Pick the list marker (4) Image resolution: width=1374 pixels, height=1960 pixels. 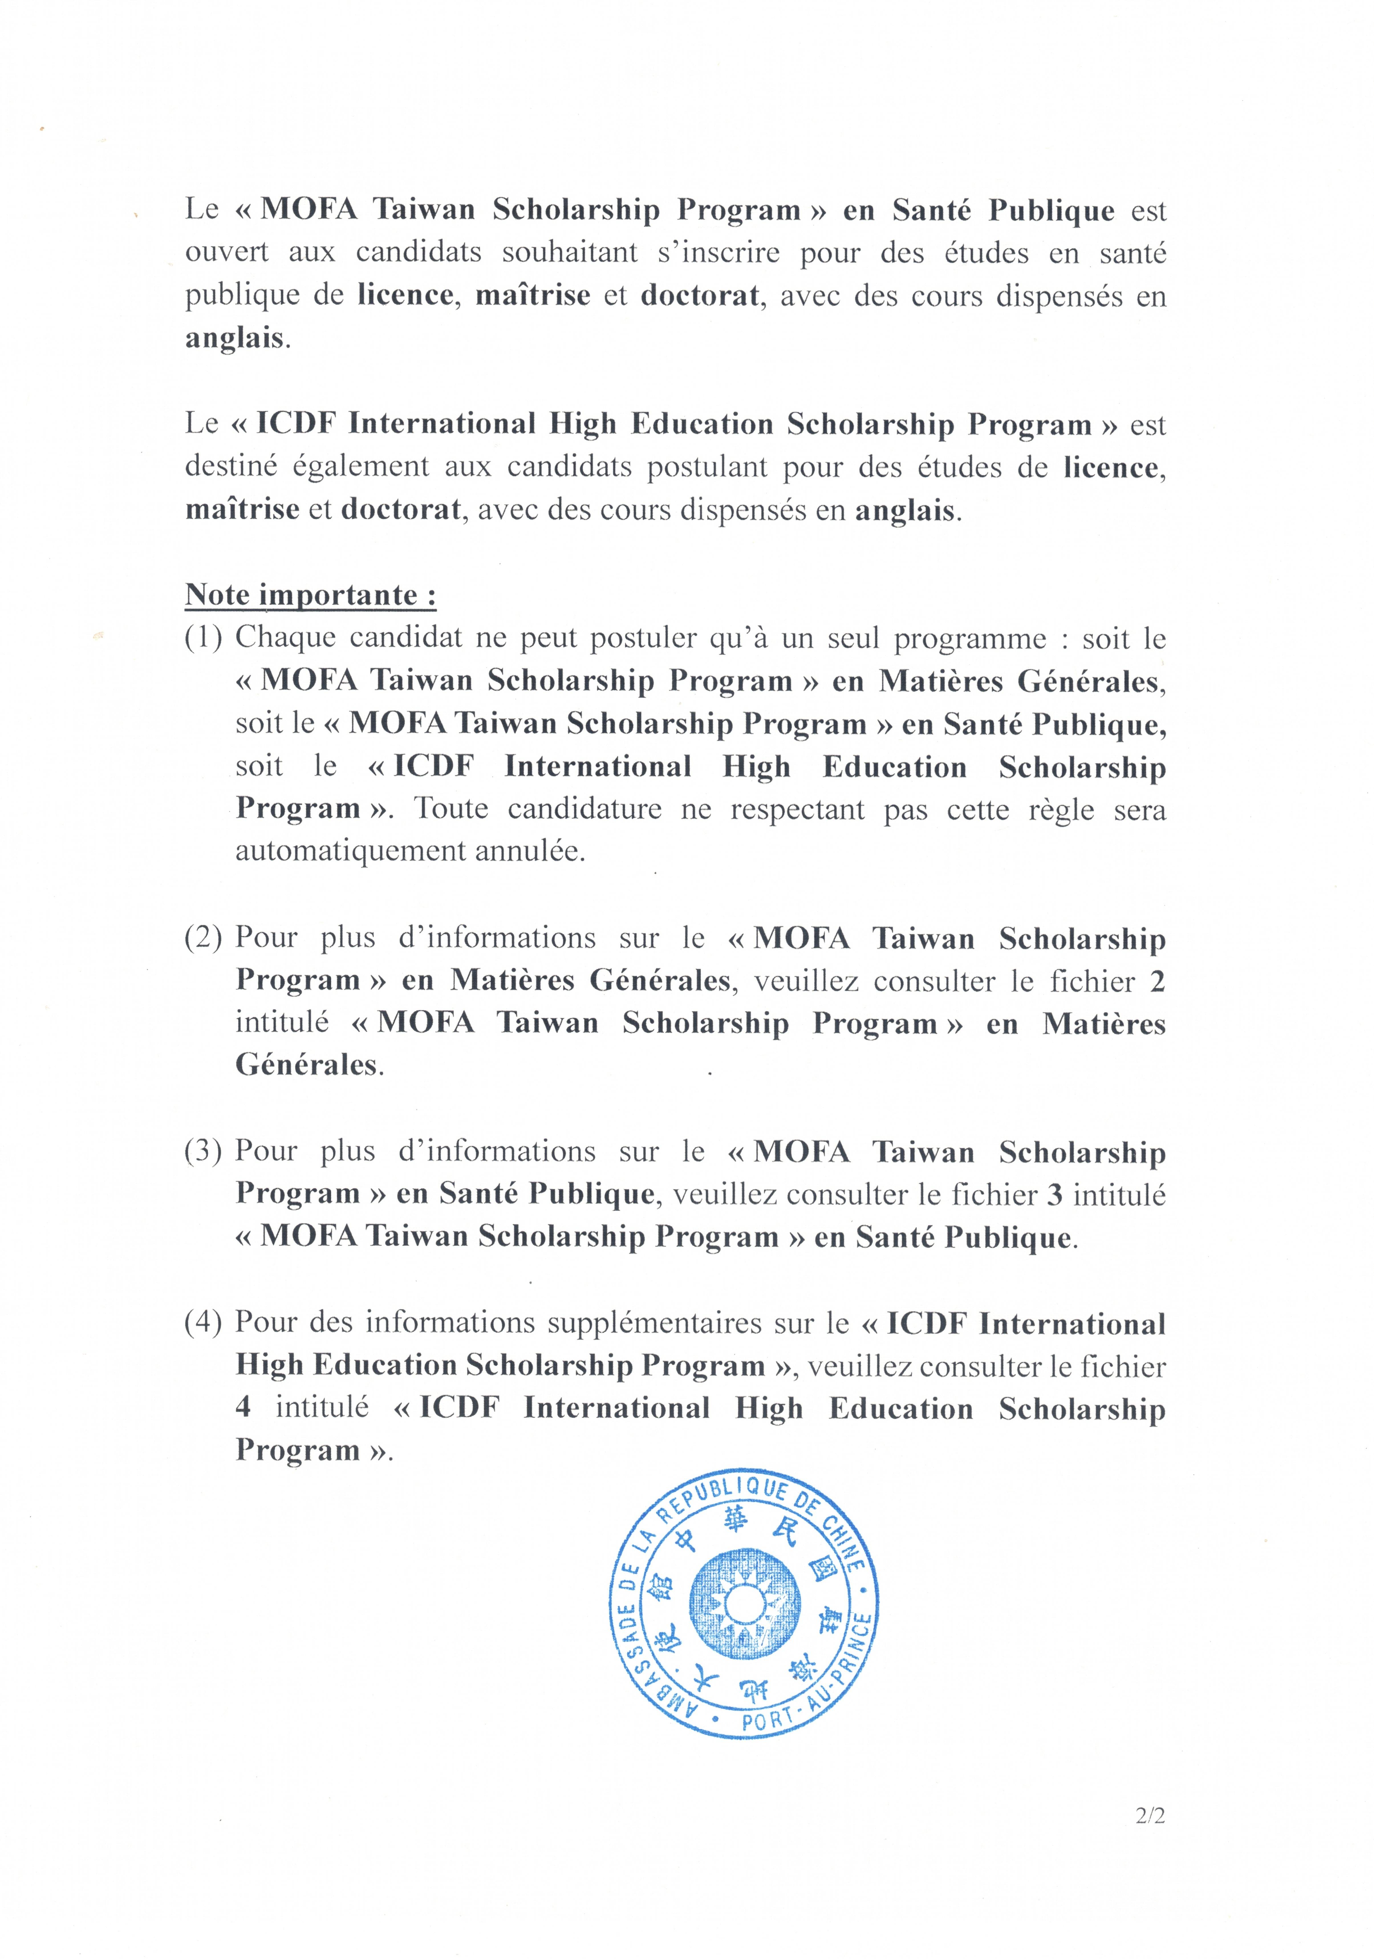pyautogui.click(x=203, y=1322)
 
